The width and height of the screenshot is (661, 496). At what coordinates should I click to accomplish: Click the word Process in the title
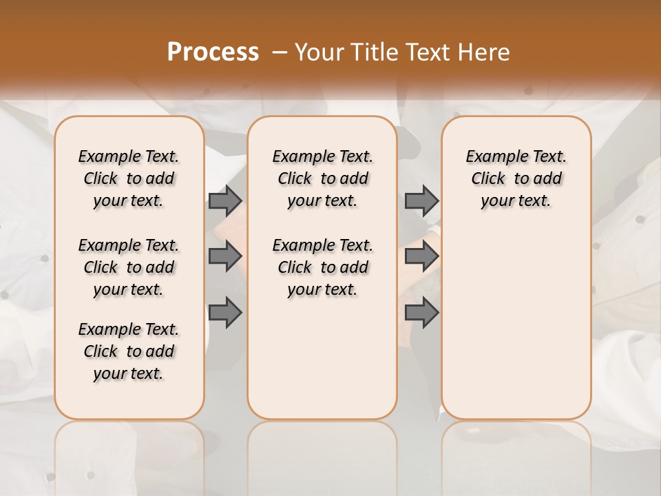tap(213, 52)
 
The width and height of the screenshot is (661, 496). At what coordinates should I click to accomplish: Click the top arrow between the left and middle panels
tap(225, 200)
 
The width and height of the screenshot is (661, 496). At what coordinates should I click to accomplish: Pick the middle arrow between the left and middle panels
tap(225, 256)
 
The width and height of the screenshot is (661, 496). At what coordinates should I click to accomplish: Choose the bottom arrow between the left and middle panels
tap(225, 313)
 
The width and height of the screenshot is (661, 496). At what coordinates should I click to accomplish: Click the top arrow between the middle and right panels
tap(421, 200)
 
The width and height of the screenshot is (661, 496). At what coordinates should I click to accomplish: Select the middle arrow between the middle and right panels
tap(421, 256)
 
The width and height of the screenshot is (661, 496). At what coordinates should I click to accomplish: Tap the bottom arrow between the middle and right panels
tap(421, 313)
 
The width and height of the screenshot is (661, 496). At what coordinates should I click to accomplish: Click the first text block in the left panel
tap(129, 178)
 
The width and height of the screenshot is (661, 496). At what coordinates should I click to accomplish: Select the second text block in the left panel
tap(129, 267)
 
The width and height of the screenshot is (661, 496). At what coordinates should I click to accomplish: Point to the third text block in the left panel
tap(129, 351)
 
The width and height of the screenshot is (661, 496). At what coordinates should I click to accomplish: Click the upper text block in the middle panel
tap(322, 178)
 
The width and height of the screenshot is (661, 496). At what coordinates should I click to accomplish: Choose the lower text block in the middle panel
tap(322, 267)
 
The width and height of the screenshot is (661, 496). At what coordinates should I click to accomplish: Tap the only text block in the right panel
tap(516, 178)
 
